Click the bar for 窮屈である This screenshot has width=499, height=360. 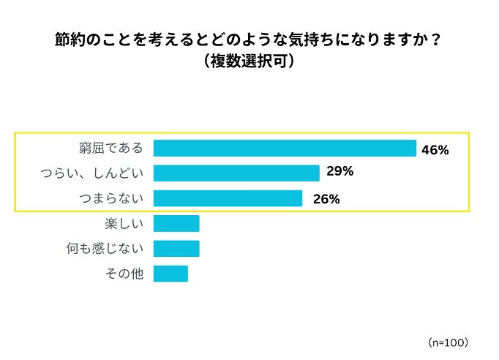point(285,149)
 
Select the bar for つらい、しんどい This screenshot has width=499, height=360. point(236,173)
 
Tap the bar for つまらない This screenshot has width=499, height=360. point(228,198)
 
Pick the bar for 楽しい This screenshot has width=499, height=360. point(176,224)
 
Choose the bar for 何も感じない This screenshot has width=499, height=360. point(176,249)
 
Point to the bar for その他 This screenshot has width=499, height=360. point(170,274)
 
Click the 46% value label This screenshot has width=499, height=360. point(435,149)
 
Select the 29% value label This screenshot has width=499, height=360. point(339,172)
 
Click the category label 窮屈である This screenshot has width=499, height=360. point(111,149)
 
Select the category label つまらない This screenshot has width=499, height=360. point(111,198)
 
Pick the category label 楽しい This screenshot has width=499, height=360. point(125,224)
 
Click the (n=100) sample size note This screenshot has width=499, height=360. point(447,342)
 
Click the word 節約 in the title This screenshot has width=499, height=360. point(69,40)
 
